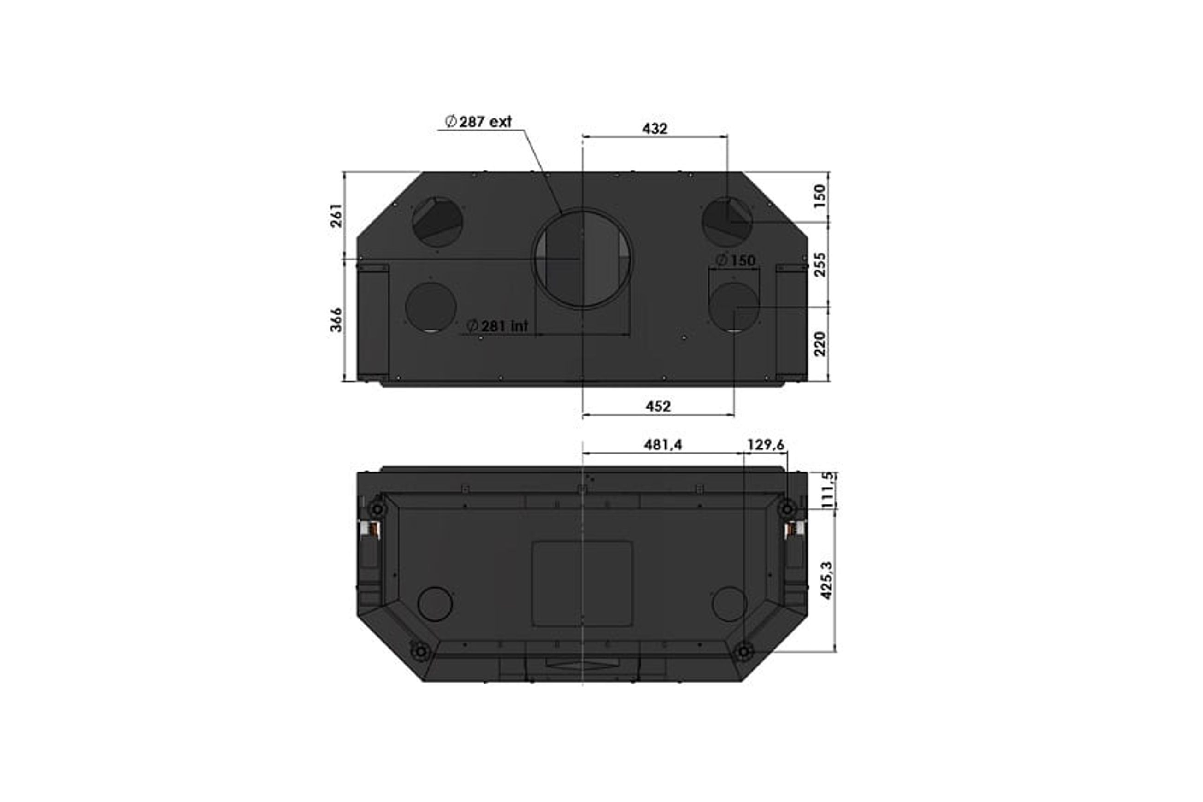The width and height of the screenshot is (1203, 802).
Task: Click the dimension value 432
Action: pyautogui.click(x=655, y=129)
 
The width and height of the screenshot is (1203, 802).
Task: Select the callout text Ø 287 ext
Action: pyautogui.click(x=478, y=122)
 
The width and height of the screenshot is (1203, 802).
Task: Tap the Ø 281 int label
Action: pyautogui.click(x=497, y=326)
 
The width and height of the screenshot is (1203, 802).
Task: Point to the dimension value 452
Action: pyautogui.click(x=658, y=406)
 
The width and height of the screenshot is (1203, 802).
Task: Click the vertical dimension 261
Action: pyautogui.click(x=336, y=215)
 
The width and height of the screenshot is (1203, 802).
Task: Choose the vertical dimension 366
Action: pyautogui.click(x=336, y=320)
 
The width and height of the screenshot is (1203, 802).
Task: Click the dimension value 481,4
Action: pyautogui.click(x=663, y=445)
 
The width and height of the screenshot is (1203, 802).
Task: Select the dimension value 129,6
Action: pyautogui.click(x=766, y=445)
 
